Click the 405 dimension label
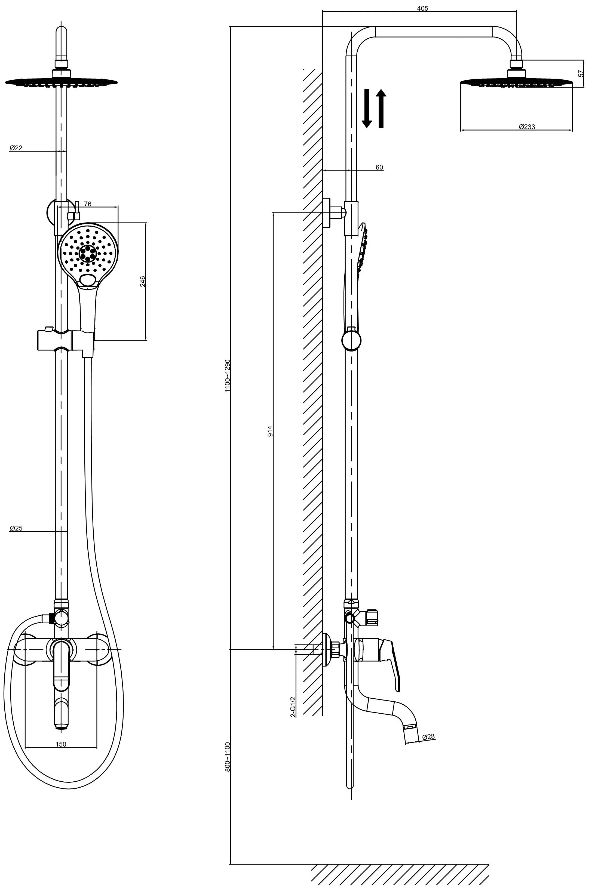click(423, 8)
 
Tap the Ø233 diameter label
click(527, 127)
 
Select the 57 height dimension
click(581, 74)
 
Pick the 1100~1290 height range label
click(227, 376)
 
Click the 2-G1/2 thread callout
click(293, 707)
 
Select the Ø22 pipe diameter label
click(16, 148)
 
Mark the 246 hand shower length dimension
click(143, 282)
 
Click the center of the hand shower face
click(88, 253)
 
